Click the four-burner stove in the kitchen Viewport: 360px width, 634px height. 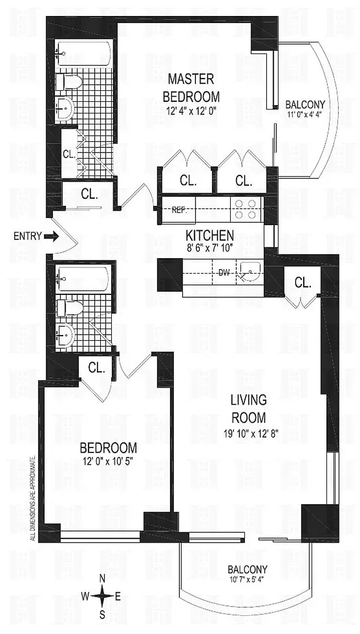point(245,209)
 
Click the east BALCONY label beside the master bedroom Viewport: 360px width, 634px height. point(305,104)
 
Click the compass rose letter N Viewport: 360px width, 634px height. point(102,578)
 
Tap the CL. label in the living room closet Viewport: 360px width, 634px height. point(303,283)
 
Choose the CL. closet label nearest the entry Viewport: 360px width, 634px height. point(90,193)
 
